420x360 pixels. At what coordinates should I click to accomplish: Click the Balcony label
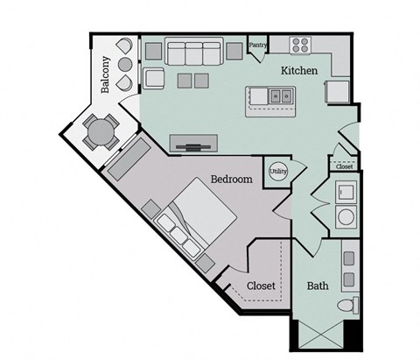[106, 74]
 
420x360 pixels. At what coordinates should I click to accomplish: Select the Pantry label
[257, 45]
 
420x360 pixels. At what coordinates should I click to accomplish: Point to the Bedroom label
[231, 179]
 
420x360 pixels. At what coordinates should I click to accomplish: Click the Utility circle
[278, 172]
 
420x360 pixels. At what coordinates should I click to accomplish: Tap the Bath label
[317, 286]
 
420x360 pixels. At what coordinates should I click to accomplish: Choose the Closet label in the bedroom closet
[261, 286]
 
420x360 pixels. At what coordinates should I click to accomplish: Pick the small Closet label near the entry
[345, 166]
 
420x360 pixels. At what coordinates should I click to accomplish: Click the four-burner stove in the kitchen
[302, 45]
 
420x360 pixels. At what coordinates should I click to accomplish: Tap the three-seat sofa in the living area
[192, 53]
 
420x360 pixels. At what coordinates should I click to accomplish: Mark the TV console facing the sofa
[193, 143]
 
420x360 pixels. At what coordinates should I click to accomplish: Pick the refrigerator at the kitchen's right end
[336, 91]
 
